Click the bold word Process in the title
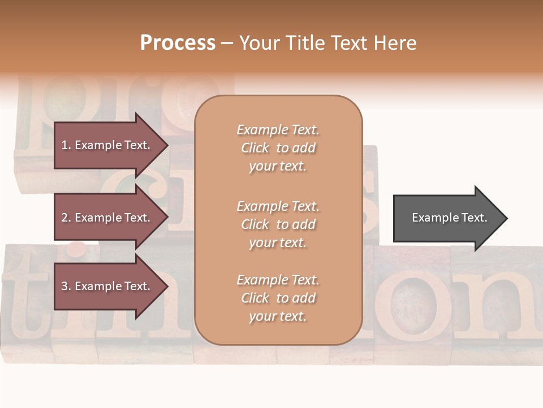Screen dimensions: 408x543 [178, 43]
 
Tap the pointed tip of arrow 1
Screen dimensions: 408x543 [166, 145]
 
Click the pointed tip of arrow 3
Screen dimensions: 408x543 [166, 286]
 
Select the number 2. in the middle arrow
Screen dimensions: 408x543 [66, 218]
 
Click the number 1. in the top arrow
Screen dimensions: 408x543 [66, 145]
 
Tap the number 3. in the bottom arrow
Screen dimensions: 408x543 [66, 286]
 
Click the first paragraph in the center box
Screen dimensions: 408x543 [278, 148]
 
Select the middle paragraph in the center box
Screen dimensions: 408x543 [278, 224]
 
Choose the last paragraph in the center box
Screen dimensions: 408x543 [278, 298]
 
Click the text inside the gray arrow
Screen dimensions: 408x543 [449, 218]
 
